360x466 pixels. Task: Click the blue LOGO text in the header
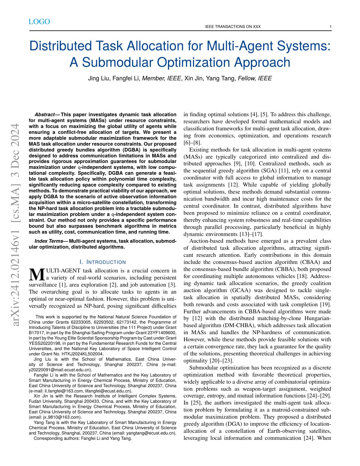(39, 22)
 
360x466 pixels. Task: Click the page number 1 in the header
(331, 27)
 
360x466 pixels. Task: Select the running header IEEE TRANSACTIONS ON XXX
(232, 27)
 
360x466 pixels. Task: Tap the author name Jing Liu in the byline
(99, 78)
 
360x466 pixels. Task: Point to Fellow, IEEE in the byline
(254, 78)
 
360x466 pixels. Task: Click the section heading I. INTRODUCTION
(103, 262)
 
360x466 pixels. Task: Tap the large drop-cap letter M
(36, 274)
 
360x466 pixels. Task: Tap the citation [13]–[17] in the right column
(250, 234)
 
